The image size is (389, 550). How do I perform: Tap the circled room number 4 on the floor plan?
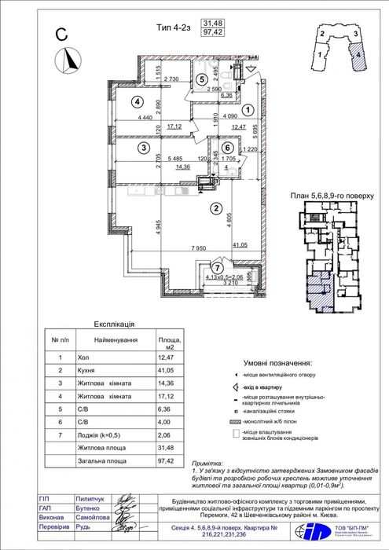tap(137, 101)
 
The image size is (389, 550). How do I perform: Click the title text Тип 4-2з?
tap(175, 28)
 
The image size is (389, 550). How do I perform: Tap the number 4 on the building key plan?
tap(358, 57)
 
